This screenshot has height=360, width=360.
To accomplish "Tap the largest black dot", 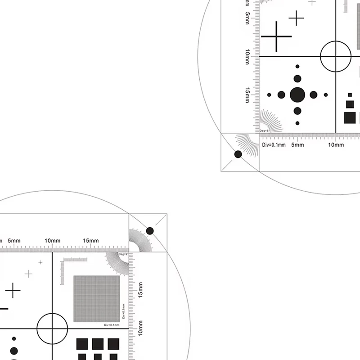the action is point(297,95).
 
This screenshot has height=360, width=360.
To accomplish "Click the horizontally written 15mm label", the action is point(90,241).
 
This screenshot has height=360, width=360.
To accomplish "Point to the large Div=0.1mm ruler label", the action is point(274,145).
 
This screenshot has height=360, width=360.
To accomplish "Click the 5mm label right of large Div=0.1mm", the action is point(297,145).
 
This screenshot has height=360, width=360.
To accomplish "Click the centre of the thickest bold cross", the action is point(276,36).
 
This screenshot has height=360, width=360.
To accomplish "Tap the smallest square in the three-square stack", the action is point(350,95).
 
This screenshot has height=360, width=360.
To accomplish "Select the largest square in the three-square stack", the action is point(350,117).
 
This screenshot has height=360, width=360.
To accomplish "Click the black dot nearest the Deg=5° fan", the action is point(238,154).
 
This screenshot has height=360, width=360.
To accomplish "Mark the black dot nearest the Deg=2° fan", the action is point(150,231).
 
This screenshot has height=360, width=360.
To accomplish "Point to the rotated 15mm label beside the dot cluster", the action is point(247,95).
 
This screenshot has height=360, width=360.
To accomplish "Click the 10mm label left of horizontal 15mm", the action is point(53,241).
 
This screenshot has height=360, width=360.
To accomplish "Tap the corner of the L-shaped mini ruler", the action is point(64,260).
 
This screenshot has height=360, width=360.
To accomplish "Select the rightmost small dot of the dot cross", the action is point(325,95).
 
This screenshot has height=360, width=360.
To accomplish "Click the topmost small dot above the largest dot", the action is point(297,67).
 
